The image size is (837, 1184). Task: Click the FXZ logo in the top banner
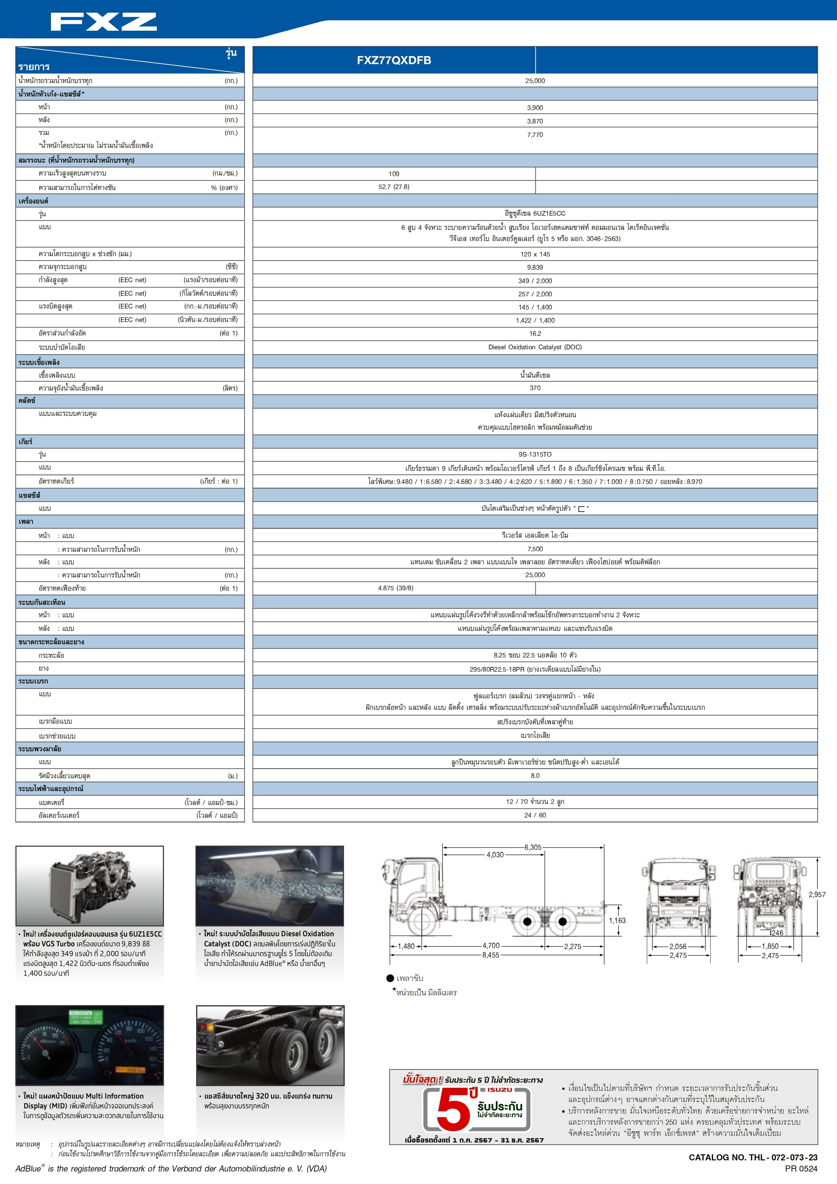click(104, 22)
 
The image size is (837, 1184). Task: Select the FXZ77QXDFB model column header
click(394, 60)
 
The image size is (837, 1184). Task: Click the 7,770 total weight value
click(535, 135)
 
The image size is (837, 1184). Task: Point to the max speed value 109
click(394, 174)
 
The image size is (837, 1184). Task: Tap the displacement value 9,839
click(535, 267)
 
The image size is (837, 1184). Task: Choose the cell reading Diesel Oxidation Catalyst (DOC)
click(535, 347)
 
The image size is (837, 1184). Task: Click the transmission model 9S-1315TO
click(535, 454)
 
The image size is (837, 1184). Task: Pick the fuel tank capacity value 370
click(535, 388)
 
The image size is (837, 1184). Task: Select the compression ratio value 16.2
click(535, 334)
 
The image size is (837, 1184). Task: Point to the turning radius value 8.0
click(535, 776)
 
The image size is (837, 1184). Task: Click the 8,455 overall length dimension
click(490, 955)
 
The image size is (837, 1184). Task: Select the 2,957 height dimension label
click(817, 895)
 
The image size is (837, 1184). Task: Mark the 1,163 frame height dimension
click(617, 920)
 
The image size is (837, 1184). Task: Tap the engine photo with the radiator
click(90, 885)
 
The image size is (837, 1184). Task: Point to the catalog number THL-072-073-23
click(752, 1157)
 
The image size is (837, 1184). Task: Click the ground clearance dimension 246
click(777, 933)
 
